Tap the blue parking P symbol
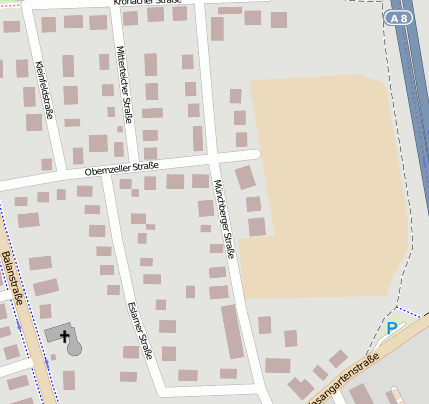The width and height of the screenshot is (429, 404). [x=392, y=327]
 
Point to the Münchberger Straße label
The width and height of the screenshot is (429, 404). [x=223, y=219]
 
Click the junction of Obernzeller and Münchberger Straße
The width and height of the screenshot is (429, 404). [x=214, y=158]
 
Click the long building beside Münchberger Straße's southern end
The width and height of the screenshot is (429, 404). [x=232, y=331]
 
